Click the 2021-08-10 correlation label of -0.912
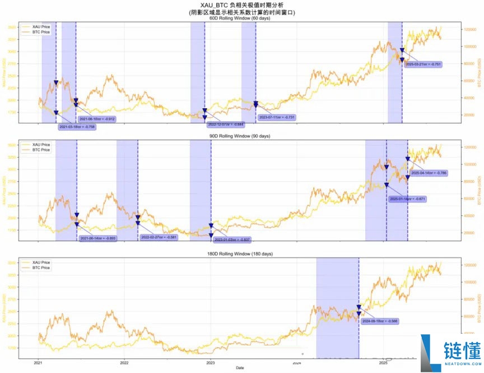tap(97, 119)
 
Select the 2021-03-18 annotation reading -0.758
tap(77, 127)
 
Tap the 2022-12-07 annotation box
tap(226, 124)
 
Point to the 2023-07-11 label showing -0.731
tap(276, 117)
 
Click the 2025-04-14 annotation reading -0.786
tap(429, 173)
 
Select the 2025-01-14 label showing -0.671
tap(408, 199)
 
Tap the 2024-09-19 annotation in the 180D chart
tap(380, 321)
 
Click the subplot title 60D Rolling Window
tap(239, 18)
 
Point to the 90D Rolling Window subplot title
tap(239, 136)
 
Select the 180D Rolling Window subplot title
tap(239, 254)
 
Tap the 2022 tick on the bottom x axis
tap(124, 362)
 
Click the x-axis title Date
tap(239, 368)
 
